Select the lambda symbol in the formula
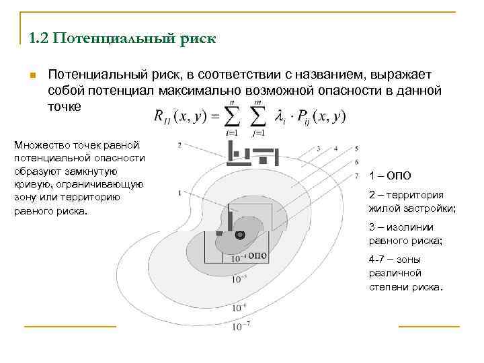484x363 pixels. pos(281,117)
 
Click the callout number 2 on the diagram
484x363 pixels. pos(178,145)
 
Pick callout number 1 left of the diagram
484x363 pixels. pos(178,193)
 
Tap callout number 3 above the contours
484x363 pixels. pos(317,148)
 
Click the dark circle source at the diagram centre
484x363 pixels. pos(239,235)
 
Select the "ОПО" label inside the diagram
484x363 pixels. pos(257,255)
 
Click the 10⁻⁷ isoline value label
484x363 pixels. pos(241,327)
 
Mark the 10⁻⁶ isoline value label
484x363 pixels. pos(240,308)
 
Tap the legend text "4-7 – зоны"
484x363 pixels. pos(395,258)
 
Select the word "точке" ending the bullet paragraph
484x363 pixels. pos(65,106)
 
